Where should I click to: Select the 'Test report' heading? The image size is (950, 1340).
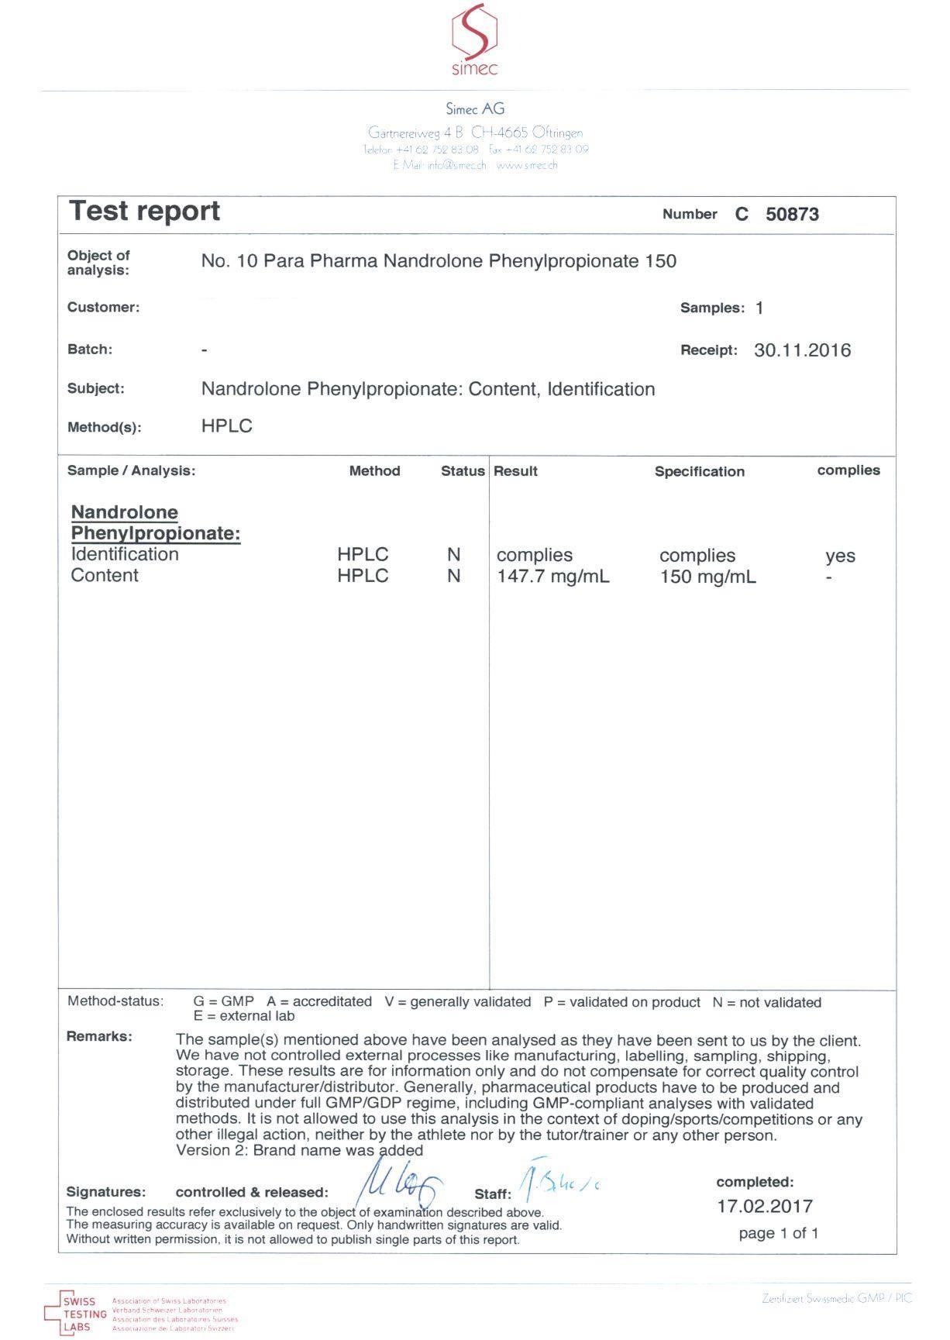point(145,212)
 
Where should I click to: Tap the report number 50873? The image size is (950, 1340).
point(792,215)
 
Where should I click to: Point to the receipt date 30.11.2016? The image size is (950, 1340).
point(802,350)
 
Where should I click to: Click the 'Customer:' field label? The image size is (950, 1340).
point(103,307)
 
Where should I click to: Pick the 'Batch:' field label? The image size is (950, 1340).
point(90,350)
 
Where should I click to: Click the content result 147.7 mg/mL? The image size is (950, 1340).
point(552,577)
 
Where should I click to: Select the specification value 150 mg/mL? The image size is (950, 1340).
point(707,577)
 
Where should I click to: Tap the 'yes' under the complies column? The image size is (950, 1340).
point(840,556)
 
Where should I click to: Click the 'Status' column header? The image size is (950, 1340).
point(463,471)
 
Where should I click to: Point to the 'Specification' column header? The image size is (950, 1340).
point(699,471)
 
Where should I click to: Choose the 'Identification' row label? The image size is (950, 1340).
point(125,554)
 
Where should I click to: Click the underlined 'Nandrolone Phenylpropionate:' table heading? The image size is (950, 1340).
point(155,523)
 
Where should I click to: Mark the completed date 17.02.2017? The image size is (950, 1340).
point(765,1206)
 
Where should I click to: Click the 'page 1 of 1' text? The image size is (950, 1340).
point(778,1233)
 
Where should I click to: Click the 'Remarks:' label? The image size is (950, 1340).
point(99,1037)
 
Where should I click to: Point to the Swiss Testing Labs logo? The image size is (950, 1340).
point(76,1314)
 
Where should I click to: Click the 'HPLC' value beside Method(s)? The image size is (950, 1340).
point(226,426)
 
